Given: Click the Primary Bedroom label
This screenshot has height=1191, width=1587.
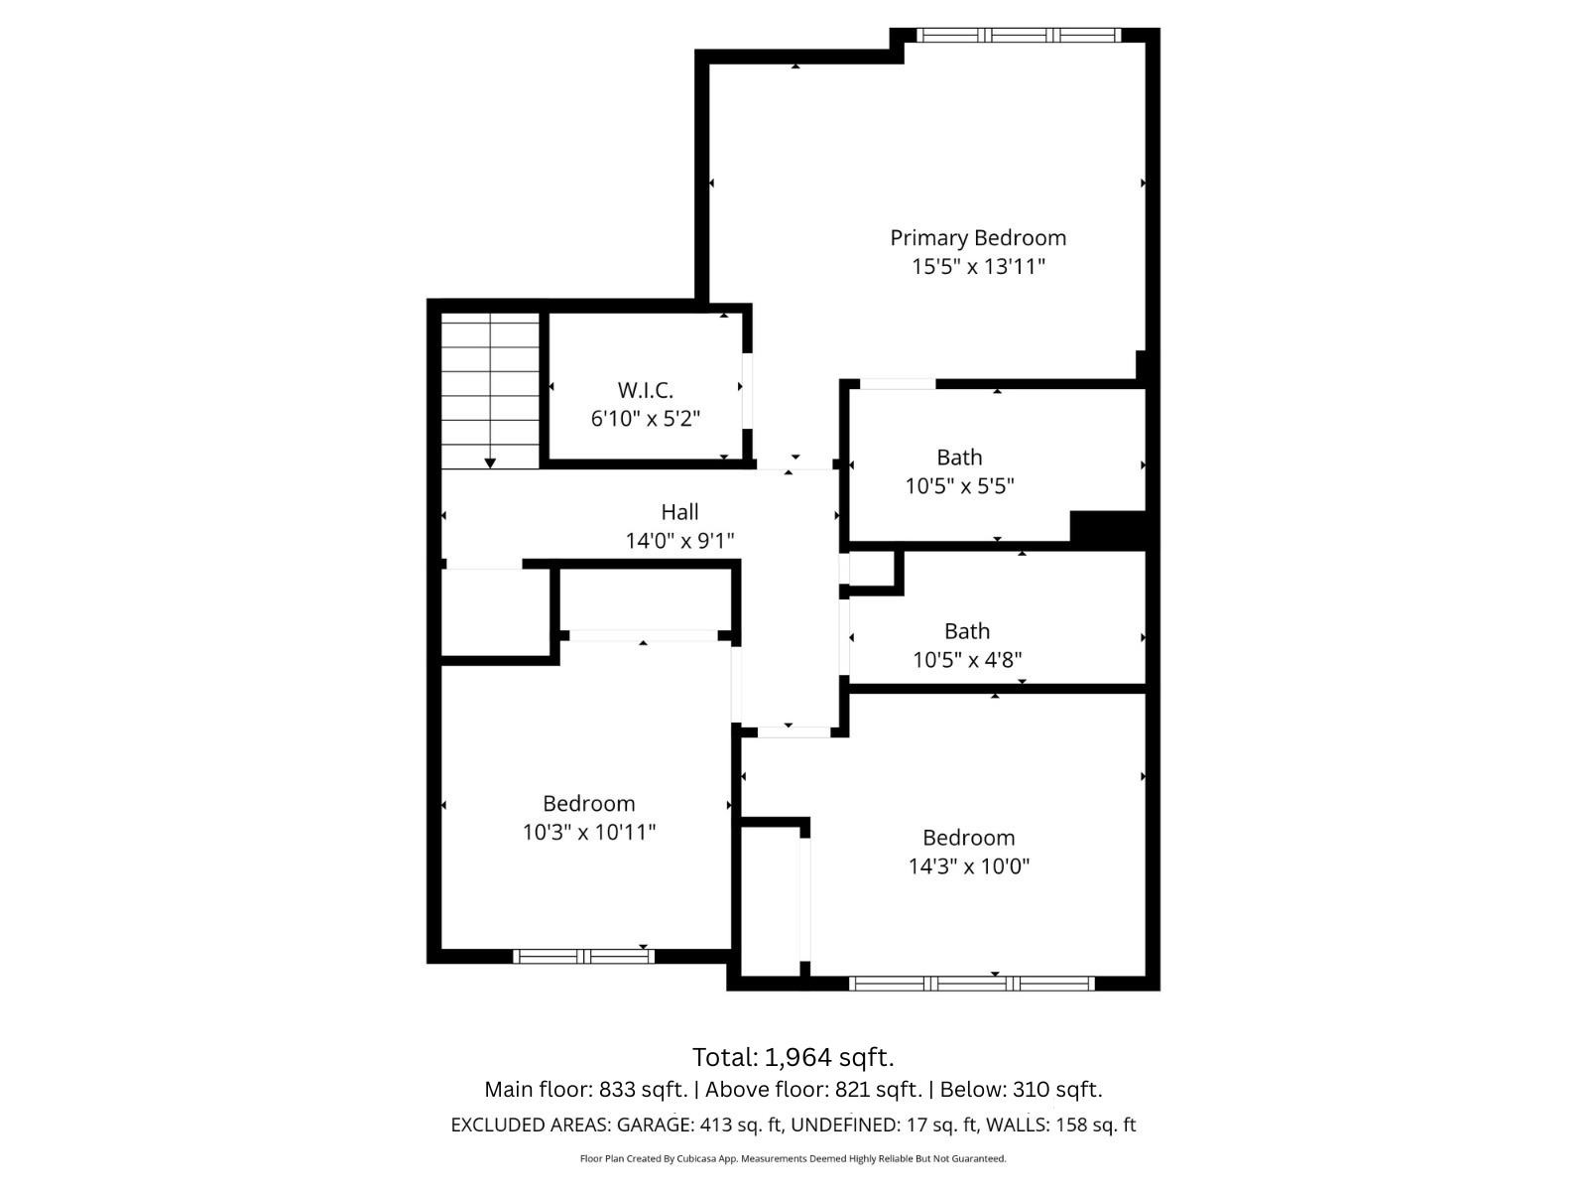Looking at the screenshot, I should [x=978, y=238].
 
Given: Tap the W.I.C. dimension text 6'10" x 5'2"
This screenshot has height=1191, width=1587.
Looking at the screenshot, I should [x=646, y=419].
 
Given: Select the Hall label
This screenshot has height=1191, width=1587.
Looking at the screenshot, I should [x=679, y=512].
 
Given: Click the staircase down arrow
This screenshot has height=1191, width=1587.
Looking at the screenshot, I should [x=490, y=463].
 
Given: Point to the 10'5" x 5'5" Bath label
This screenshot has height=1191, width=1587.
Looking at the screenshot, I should [x=959, y=458].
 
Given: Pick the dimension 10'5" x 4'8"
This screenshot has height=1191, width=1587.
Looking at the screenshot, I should [x=967, y=660].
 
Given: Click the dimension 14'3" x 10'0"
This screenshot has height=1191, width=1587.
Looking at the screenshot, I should [x=969, y=866].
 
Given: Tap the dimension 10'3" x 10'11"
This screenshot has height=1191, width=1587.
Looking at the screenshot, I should [x=589, y=833].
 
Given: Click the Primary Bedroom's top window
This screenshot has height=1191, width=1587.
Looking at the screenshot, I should [x=1018, y=35].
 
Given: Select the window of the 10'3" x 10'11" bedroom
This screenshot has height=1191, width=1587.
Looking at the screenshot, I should [x=583, y=957].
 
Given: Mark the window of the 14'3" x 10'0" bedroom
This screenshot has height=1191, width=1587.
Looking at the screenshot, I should [x=972, y=984].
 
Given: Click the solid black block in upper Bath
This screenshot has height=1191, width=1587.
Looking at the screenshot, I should [x=1108, y=527].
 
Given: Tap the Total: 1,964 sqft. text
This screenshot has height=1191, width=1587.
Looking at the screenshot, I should [x=793, y=1056].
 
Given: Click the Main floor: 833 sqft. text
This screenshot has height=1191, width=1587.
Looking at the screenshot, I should [x=585, y=1090].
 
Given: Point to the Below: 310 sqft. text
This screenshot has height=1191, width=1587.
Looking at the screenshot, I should [x=1021, y=1090].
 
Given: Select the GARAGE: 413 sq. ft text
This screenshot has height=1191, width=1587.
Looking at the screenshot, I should [x=700, y=1125].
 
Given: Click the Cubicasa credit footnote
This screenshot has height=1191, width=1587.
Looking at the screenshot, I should [x=793, y=1159].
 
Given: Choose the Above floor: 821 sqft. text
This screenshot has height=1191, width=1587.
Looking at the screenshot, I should [x=813, y=1090].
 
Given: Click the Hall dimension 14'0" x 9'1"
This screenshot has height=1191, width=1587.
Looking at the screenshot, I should [x=679, y=541].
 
